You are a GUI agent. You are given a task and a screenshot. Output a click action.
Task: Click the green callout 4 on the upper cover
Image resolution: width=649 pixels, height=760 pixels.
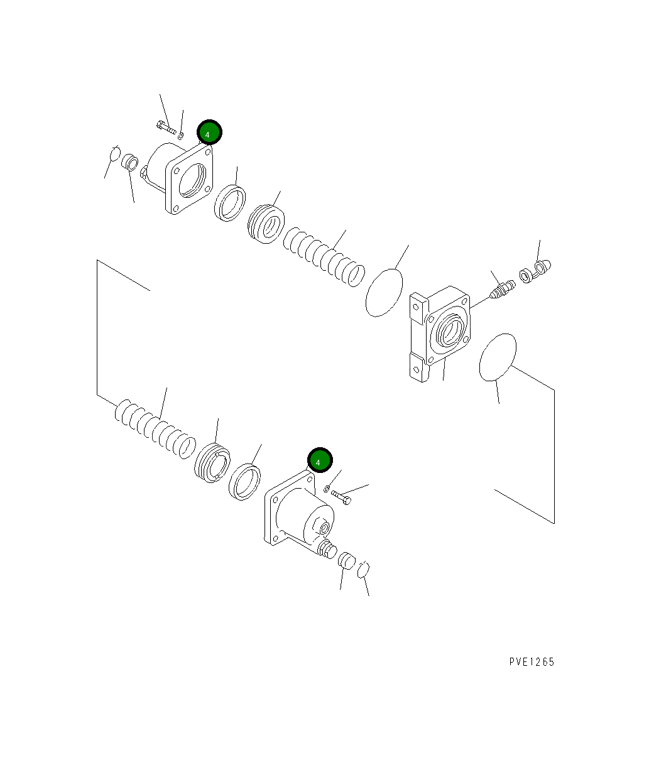(209, 133)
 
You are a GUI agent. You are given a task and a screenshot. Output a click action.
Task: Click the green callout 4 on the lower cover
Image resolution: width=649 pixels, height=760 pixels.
(319, 461)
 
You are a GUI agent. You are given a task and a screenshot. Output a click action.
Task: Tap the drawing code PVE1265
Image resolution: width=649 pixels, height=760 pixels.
(532, 662)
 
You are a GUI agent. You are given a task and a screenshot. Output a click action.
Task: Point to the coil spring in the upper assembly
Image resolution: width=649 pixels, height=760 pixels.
(323, 258)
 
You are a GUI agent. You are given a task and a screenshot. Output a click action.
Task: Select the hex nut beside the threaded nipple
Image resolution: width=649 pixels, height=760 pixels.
(526, 275)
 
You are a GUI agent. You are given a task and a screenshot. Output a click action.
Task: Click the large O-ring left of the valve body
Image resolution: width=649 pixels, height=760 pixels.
(384, 293)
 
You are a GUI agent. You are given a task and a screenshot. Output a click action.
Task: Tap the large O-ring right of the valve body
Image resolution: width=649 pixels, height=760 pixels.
(498, 357)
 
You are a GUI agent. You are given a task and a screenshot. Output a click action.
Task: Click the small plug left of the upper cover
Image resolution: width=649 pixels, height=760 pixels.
(131, 162)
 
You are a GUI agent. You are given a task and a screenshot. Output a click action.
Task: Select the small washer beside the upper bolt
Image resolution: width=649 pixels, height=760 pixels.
(181, 134)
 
